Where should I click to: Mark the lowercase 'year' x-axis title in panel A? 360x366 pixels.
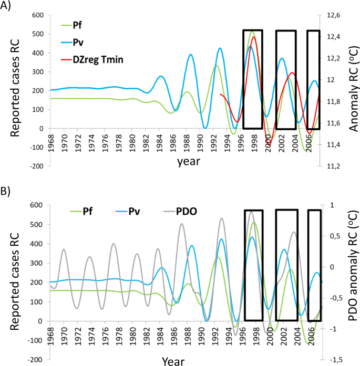tap(188, 162)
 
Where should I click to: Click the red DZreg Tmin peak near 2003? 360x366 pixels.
tap(292, 73)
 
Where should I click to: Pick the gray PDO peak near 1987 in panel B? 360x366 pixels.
tap(182, 224)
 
